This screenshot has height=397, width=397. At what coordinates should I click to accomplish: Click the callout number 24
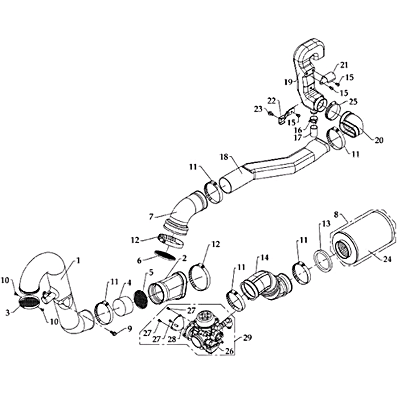point(387,260)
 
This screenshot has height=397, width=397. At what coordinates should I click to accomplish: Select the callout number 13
point(326,223)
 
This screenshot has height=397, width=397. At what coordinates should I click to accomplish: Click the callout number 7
point(151,217)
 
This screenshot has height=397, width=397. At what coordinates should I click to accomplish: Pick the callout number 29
point(247,337)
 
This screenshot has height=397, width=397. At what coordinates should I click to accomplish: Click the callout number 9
point(130,329)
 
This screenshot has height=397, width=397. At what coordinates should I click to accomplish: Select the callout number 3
point(8,313)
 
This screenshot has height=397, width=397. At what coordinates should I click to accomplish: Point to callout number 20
point(379,140)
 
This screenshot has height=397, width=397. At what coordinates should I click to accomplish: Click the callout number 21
point(343,65)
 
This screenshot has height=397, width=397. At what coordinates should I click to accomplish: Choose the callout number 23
point(259,109)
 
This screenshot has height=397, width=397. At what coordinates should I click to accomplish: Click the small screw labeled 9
point(114,334)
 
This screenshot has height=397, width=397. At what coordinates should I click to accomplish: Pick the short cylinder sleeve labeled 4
point(123,307)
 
